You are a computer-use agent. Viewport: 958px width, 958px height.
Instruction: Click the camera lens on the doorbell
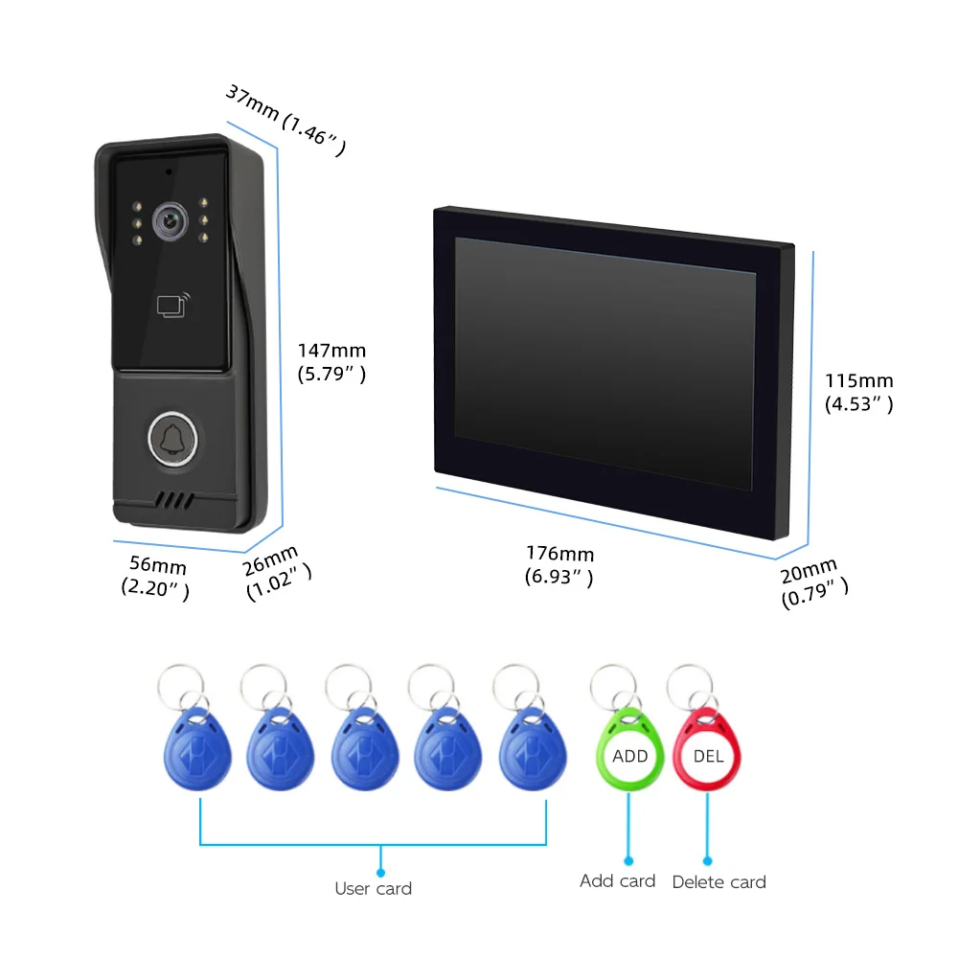tap(170, 221)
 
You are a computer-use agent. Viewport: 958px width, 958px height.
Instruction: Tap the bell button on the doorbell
tap(172, 440)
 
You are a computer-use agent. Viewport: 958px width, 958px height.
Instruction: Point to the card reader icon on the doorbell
tap(173, 305)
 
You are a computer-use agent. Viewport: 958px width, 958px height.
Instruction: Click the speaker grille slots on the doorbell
tap(174, 501)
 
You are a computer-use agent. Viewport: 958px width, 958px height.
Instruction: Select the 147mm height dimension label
tap(331, 362)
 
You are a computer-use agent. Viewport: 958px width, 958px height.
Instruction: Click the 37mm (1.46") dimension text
tap(285, 120)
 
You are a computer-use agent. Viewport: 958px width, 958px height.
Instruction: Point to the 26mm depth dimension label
tap(276, 572)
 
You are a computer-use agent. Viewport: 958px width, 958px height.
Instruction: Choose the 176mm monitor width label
tap(559, 565)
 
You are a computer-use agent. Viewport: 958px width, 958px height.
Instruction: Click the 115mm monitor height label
tap(859, 392)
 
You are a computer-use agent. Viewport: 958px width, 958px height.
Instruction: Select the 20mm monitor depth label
tap(813, 582)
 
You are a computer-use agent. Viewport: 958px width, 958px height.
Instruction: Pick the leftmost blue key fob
tap(197, 749)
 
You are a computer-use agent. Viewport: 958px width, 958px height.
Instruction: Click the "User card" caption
tap(374, 888)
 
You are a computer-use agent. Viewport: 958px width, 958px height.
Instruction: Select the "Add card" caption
tap(618, 881)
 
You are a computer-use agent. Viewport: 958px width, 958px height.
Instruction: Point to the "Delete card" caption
tap(719, 882)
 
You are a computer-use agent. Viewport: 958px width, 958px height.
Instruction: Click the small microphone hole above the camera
tap(169, 171)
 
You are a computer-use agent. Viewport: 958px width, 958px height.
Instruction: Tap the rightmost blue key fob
tap(533, 749)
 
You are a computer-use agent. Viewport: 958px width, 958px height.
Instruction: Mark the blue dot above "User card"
tap(380, 873)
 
